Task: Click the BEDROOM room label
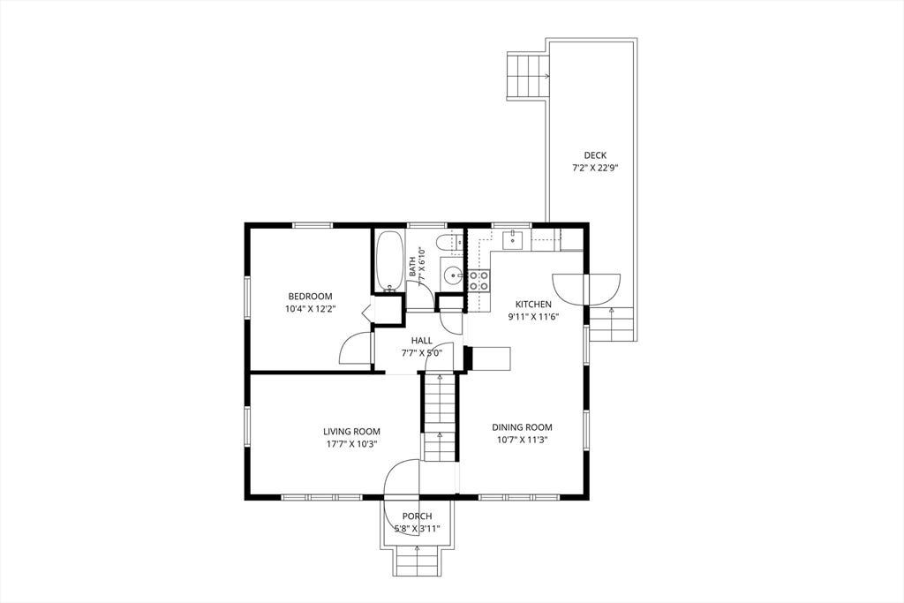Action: [310, 297]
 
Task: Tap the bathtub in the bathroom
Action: [389, 261]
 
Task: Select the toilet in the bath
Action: [449, 243]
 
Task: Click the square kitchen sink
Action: [512, 240]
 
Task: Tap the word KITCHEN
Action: [533, 305]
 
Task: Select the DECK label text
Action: [595, 155]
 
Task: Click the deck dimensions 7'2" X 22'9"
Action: [595, 169]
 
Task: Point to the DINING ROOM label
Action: [522, 427]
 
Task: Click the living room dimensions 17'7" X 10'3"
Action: [351, 444]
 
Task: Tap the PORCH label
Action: [417, 516]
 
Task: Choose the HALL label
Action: [421, 341]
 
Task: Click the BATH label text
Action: [413, 267]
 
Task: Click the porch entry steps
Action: [417, 560]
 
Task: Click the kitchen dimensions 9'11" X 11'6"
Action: [533, 316]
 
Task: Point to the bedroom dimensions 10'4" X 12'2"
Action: [310, 308]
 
